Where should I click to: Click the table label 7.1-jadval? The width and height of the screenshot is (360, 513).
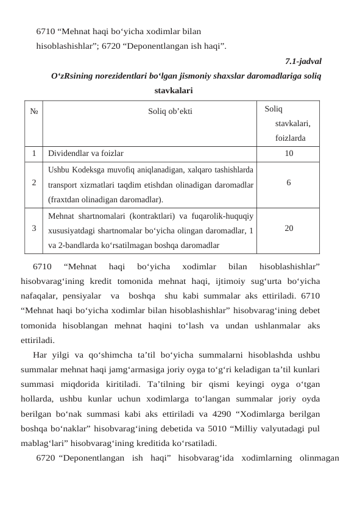tap(303, 62)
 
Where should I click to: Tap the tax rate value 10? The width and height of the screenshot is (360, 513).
tap(289, 154)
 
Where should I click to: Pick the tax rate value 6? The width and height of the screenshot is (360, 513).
tap(289, 182)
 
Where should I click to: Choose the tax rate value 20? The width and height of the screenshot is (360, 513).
tap(289, 228)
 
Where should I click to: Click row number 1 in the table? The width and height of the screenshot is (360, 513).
tap(34, 154)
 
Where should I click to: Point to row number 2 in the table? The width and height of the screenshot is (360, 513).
tap(34, 182)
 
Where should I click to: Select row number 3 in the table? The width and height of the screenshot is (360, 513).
tap(34, 228)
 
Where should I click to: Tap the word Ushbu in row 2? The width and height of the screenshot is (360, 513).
tap(58, 169)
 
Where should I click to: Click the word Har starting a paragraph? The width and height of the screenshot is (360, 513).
tap(41, 355)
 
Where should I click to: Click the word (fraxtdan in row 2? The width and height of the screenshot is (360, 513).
tap(64, 199)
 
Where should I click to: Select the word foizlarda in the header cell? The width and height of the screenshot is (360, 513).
tap(289, 138)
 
